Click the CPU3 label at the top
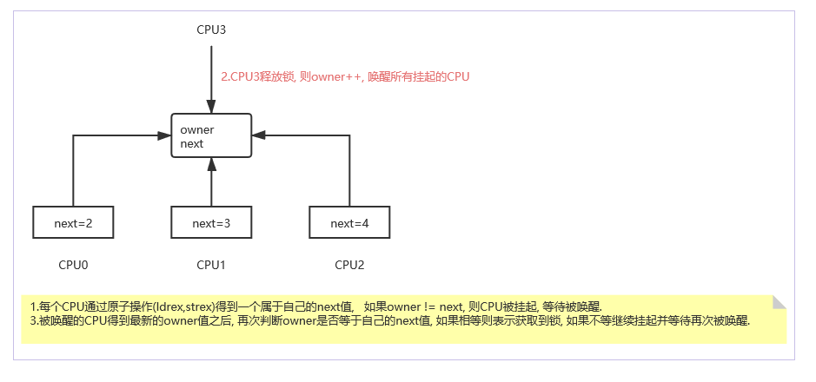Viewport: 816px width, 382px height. point(211,30)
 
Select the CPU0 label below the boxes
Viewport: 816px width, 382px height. point(73,264)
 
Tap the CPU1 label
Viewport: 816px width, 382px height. point(211,264)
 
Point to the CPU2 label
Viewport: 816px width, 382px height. point(349,264)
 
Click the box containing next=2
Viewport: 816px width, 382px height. point(73,223)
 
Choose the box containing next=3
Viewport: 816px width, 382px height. point(211,223)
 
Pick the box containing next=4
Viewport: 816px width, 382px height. point(349,223)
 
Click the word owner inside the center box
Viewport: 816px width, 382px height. point(197,130)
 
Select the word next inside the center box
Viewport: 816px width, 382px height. point(192,143)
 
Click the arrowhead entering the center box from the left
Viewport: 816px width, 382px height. point(165,135)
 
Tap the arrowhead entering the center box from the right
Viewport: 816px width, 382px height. point(258,135)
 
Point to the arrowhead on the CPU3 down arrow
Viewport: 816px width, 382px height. point(211,108)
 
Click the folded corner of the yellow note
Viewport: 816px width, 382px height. point(779,302)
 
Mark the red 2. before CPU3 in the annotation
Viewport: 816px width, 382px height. point(224,76)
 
